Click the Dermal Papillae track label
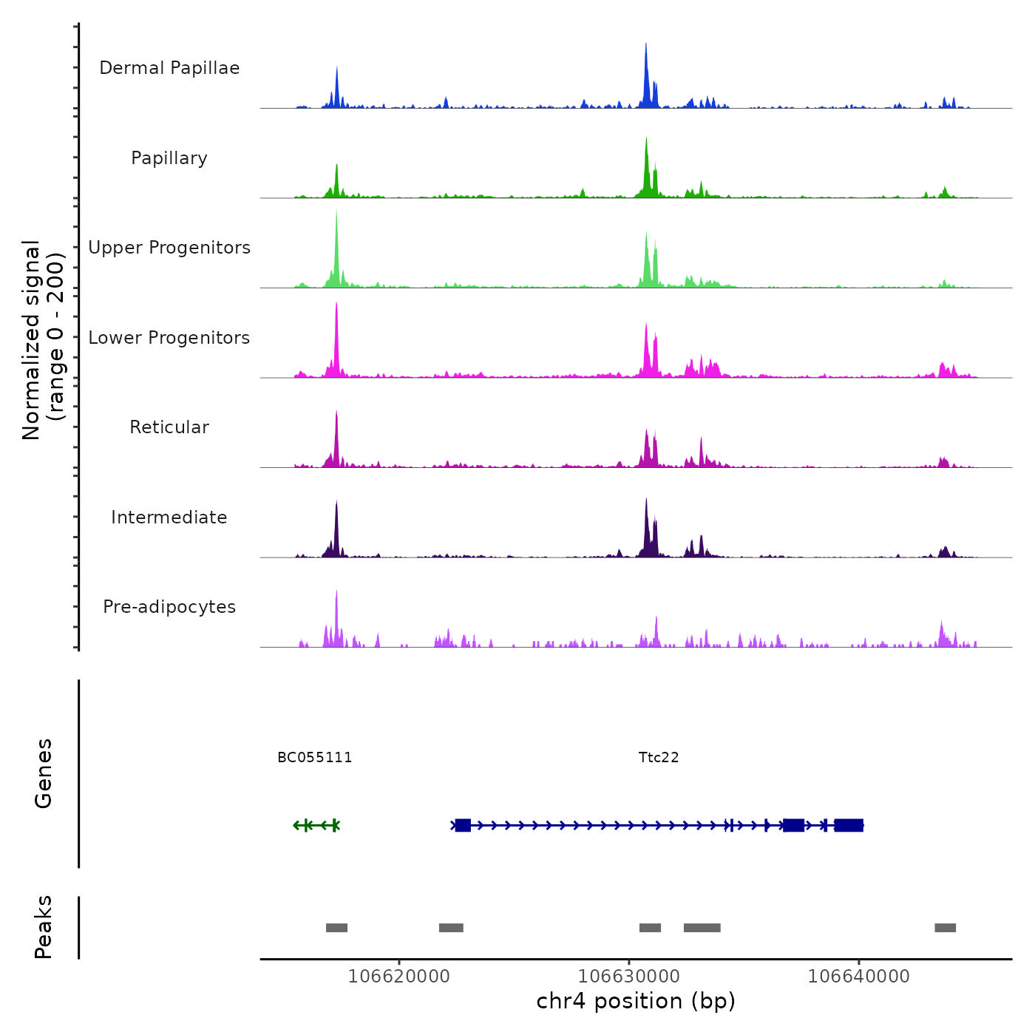[x=169, y=68]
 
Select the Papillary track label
[x=169, y=158]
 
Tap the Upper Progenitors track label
[x=169, y=248]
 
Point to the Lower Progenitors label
[x=169, y=338]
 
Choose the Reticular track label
[x=169, y=427]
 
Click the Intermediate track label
[x=169, y=517]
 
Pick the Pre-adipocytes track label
[x=169, y=607]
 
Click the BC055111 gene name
[x=315, y=758]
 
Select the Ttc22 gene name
[x=659, y=758]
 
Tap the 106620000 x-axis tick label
[x=399, y=977]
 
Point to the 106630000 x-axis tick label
[x=629, y=977]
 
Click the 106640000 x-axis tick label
[x=859, y=977]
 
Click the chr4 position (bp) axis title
[x=636, y=1002]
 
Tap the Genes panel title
[x=44, y=773]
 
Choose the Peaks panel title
[x=44, y=927]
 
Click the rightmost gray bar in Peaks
[x=945, y=928]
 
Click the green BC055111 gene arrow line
[x=316, y=825]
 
